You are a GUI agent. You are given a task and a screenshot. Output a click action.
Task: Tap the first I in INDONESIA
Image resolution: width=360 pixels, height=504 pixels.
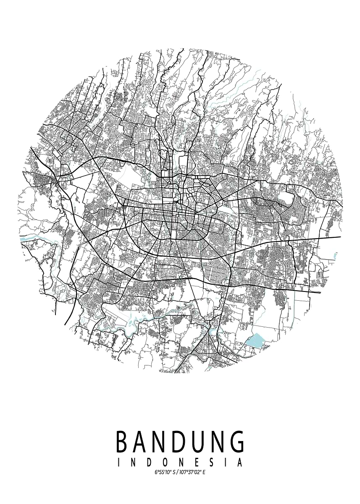point(119,463)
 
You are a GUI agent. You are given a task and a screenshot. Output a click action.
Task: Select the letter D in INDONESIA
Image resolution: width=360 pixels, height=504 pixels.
point(149,463)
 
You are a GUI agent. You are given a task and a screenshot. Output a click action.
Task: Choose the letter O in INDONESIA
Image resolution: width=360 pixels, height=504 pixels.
point(164,463)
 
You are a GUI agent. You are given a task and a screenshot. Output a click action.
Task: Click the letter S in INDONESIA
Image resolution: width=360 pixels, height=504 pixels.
point(210,463)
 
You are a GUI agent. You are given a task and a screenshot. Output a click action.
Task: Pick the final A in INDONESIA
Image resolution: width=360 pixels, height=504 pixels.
point(240,463)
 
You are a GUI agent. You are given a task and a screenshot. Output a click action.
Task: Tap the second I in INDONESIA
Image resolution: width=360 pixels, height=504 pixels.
point(225,463)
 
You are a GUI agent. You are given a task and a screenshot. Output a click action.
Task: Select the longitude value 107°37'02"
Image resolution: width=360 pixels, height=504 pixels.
point(189,472)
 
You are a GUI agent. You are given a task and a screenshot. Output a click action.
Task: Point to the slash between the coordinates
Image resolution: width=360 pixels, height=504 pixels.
point(176,472)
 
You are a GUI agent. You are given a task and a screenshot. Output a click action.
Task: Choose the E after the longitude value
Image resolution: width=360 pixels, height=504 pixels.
point(204,472)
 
